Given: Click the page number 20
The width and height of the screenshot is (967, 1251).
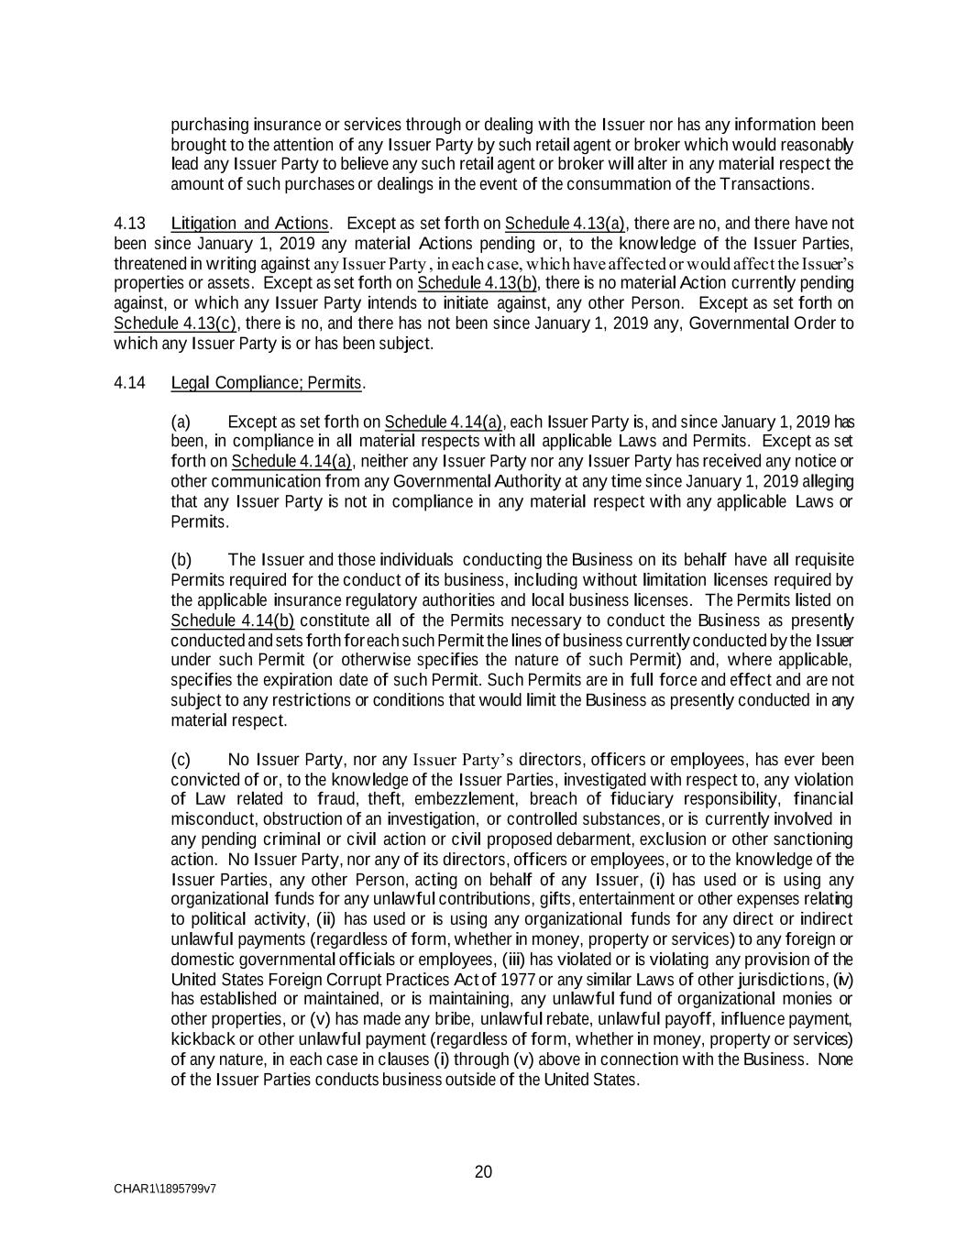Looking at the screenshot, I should pyautogui.click(x=483, y=1172).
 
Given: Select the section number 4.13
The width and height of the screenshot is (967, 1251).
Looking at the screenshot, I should pyautogui.click(x=129, y=224).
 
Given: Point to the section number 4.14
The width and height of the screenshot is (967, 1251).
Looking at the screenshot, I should pyautogui.click(x=129, y=383).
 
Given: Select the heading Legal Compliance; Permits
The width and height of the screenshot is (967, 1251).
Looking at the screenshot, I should pyautogui.click(x=267, y=383).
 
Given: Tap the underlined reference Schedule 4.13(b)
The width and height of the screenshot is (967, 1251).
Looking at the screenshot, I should pyautogui.click(x=477, y=283).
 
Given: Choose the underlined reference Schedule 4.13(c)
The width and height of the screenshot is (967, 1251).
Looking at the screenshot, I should pyautogui.click(x=175, y=324).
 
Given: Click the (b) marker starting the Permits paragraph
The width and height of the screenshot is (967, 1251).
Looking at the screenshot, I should pyautogui.click(x=181, y=560).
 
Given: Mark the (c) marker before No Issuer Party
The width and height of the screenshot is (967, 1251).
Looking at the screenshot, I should pyautogui.click(x=181, y=760).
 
